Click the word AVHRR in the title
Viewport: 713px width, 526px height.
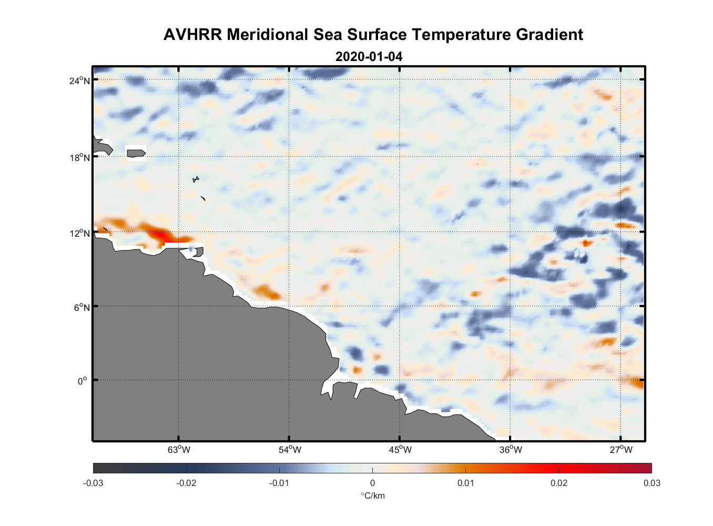point(192,35)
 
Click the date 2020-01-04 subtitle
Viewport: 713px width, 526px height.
point(369,56)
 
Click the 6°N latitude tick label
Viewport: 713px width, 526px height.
point(82,307)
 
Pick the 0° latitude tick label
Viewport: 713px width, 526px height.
point(83,381)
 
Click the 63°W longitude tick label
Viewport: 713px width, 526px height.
point(179,450)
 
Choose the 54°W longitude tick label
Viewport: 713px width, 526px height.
point(290,450)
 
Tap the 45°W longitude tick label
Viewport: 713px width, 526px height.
point(400,450)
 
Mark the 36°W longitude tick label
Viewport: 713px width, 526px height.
point(511,450)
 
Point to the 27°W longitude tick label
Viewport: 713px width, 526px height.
point(621,450)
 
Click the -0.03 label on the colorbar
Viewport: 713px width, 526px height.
point(93,483)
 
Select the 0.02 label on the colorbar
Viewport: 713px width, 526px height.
point(559,483)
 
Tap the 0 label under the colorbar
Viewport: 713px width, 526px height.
point(372,483)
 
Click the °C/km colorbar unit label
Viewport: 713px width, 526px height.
point(372,495)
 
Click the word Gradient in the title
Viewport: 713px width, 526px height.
point(549,35)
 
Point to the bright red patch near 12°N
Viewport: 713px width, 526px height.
point(167,237)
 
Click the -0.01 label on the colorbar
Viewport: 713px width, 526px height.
point(279,483)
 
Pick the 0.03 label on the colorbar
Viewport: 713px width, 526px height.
point(651,483)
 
